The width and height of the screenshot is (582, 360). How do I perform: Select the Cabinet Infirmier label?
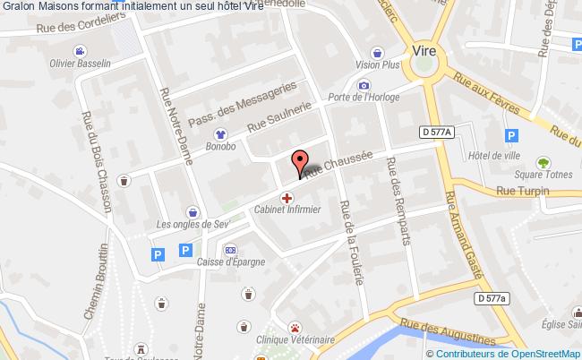click(287, 210)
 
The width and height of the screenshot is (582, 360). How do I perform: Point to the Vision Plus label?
click(377, 64)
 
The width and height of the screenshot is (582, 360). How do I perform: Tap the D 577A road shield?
click(436, 133)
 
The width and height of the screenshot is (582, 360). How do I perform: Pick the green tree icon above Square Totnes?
click(543, 163)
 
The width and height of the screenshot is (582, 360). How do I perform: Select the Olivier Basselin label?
click(80, 64)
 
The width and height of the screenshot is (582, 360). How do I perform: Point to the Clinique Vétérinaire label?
click(295, 339)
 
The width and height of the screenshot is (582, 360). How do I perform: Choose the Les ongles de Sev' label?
click(193, 224)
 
